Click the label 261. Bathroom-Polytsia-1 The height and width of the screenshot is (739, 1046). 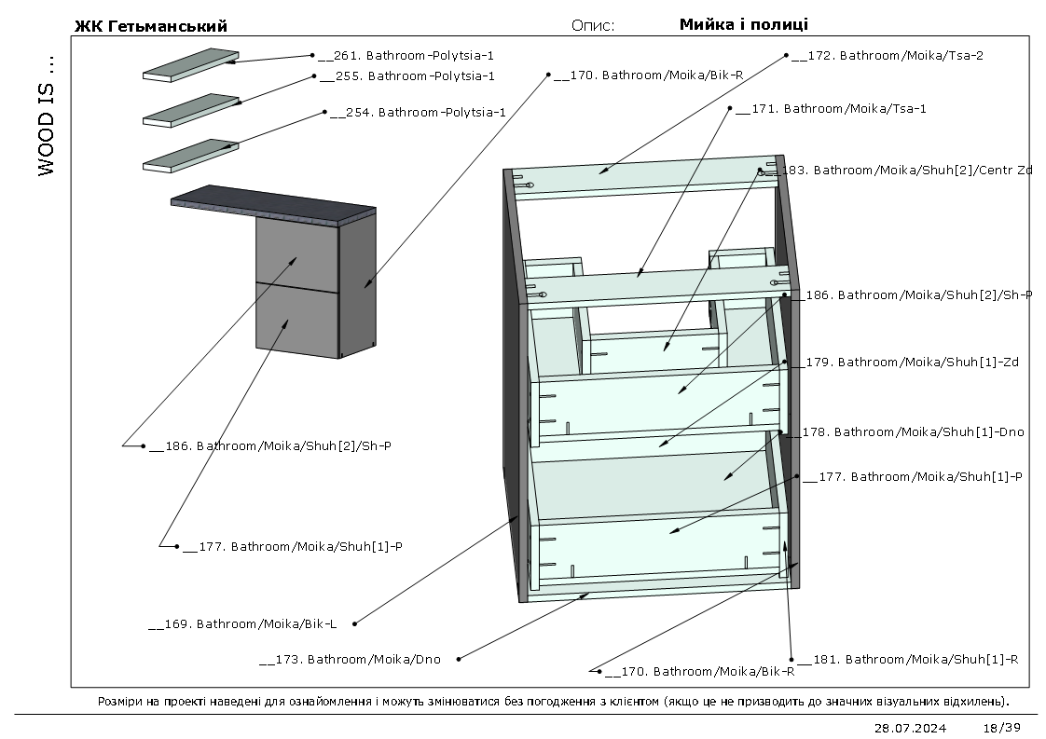(406, 55)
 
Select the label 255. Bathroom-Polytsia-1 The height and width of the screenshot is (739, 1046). (406, 76)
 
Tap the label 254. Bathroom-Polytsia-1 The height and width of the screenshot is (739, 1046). (418, 112)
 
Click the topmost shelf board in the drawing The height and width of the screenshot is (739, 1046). (191, 64)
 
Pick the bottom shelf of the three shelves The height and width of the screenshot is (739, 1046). (191, 156)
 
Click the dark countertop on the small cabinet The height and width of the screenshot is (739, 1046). (273, 206)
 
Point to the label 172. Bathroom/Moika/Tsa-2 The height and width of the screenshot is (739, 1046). (888, 55)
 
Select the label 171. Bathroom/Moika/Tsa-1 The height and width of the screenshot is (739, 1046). (831, 109)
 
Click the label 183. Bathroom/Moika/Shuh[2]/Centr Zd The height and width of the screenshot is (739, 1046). (906, 171)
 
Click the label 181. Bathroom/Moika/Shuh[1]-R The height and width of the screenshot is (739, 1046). (908, 660)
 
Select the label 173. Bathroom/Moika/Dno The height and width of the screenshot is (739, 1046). (350, 660)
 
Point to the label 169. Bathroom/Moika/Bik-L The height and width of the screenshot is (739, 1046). (242, 624)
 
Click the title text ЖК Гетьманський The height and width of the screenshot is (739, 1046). (151, 26)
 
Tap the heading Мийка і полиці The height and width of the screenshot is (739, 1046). (744, 24)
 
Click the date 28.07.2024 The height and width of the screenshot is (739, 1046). (910, 728)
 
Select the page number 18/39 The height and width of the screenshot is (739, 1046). (1002, 728)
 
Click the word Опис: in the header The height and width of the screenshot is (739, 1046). (593, 26)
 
